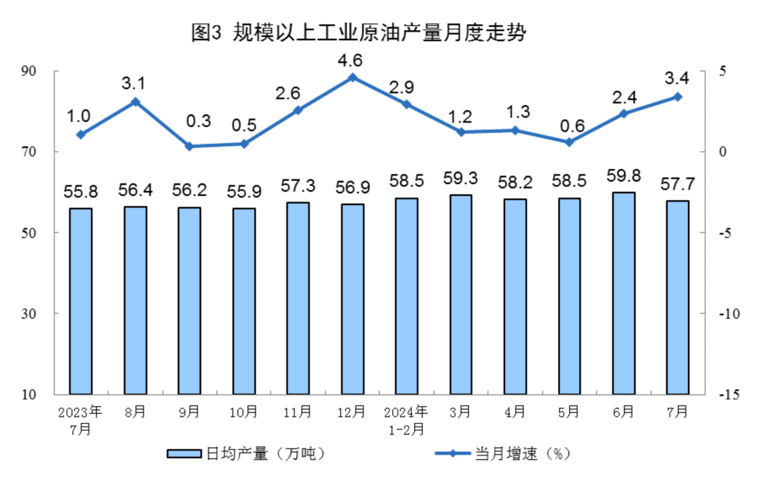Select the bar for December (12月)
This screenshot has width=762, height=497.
(352, 298)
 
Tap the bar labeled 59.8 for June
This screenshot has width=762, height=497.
(624, 293)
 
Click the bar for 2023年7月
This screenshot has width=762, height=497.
(80, 300)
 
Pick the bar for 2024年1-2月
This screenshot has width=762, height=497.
(406, 295)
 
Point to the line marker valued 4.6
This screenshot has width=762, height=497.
(352, 78)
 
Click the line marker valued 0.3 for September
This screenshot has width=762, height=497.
(189, 147)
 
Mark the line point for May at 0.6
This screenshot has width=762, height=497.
(569, 142)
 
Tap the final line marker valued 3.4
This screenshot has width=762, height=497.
(678, 97)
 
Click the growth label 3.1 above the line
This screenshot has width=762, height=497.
(133, 85)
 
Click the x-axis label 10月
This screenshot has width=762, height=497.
(243, 412)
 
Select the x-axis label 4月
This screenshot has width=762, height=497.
(515, 412)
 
